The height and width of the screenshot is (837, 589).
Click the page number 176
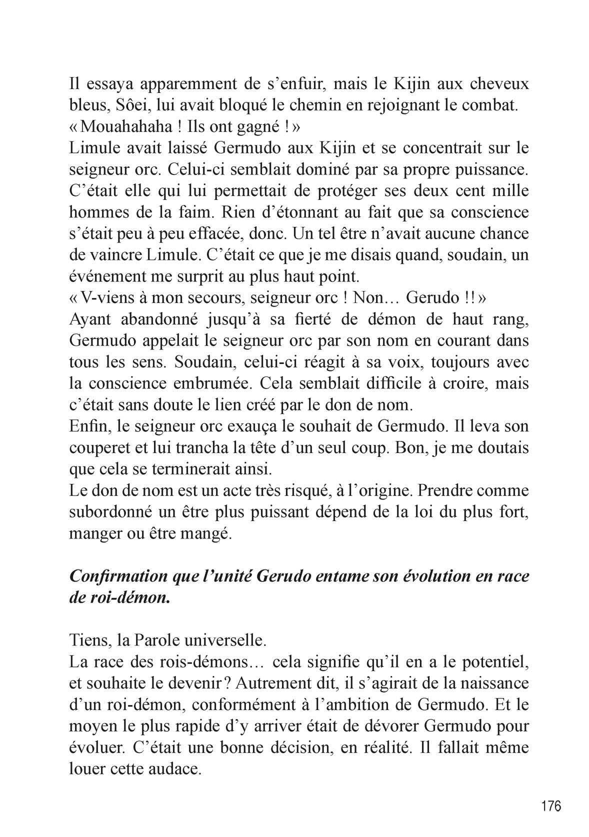[551, 805]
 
